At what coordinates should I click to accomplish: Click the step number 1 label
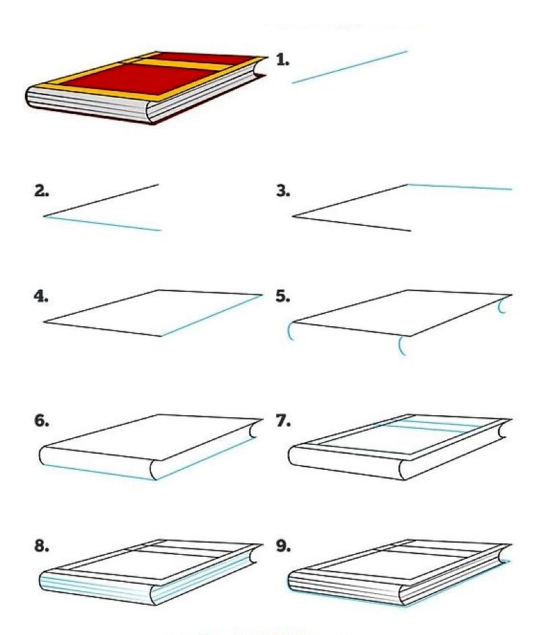point(283,61)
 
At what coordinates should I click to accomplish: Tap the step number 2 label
point(42,191)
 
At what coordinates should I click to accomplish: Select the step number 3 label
point(283,191)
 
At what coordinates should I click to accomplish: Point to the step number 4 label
point(42,296)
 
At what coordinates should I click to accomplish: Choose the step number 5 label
point(283,296)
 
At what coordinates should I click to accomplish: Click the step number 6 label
point(42,421)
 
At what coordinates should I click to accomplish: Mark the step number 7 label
point(283,421)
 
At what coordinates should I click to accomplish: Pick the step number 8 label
point(42,546)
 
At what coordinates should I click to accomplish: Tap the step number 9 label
point(283,546)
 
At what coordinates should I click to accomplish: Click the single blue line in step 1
point(350,67)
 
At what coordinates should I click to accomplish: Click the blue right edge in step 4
point(212,315)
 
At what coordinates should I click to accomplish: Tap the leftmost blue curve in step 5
point(290,331)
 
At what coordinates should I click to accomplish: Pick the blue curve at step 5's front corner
point(401,345)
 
